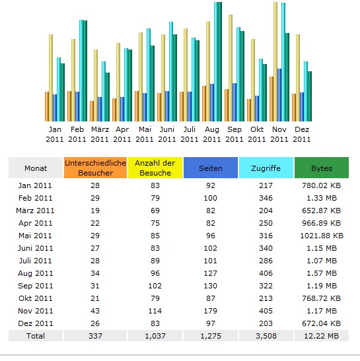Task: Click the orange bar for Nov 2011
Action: [x=271, y=99]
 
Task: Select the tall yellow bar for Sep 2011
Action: [x=231, y=68]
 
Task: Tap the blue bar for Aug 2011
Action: [x=212, y=103]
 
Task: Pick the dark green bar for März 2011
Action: [x=108, y=97]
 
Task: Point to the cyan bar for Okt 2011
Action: [x=261, y=90]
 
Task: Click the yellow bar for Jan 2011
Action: [x=51, y=78]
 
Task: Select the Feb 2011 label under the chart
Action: [x=77, y=134]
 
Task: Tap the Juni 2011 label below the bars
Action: [x=167, y=134]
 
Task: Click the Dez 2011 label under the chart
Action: [x=302, y=134]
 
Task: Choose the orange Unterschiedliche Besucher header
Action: [x=95, y=168]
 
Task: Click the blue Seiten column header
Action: [x=211, y=168]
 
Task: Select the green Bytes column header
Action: [x=322, y=168]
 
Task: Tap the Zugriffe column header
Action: [x=266, y=168]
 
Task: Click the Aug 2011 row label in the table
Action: [x=36, y=273]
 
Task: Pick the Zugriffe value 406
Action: [x=266, y=273]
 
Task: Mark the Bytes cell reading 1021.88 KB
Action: [x=322, y=236]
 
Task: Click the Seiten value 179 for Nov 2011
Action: [x=211, y=311]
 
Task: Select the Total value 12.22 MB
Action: [x=322, y=336]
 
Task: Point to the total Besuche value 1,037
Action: [x=155, y=336]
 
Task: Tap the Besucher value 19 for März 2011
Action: [x=95, y=211]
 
